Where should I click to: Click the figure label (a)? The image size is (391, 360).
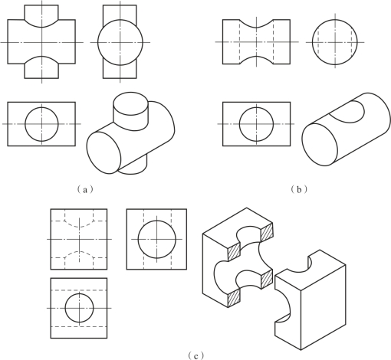point(85,189)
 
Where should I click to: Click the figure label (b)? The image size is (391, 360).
point(299,189)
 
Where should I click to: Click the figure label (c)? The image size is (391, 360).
point(195,355)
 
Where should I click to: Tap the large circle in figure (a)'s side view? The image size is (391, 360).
point(98,42)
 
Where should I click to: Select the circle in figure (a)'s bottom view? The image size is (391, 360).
point(25,124)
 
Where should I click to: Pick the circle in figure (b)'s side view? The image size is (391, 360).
point(312,42)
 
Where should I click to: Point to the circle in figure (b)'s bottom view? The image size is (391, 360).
point(240,124)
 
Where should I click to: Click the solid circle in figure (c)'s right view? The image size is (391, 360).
point(138,239)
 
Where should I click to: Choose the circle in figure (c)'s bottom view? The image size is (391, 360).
point(65,308)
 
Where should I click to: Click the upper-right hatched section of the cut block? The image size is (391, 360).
point(267,232)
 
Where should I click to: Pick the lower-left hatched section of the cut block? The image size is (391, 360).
point(234,298)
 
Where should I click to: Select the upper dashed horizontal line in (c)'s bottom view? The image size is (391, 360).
point(79,290)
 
